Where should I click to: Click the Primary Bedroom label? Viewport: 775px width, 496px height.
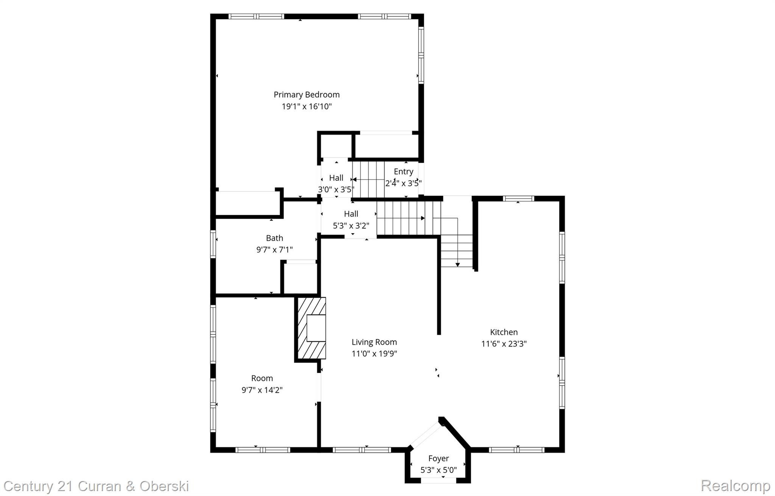(x=307, y=95)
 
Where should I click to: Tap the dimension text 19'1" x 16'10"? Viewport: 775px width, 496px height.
(x=307, y=106)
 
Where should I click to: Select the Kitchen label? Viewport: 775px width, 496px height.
(x=504, y=332)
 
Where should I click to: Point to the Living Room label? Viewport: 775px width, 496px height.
(x=374, y=342)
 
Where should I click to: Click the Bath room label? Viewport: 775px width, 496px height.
(x=274, y=238)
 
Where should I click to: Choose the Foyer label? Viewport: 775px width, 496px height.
(x=439, y=459)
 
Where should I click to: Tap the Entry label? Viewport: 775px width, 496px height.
(x=403, y=171)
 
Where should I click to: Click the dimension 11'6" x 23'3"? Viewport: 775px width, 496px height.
(x=504, y=344)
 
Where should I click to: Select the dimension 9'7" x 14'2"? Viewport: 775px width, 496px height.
(x=262, y=390)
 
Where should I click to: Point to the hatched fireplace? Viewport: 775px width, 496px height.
(x=311, y=328)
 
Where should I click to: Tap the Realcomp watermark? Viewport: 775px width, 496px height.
(x=735, y=486)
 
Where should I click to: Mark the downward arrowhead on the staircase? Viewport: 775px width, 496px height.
(x=458, y=264)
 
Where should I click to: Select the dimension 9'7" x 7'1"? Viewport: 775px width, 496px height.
(x=274, y=250)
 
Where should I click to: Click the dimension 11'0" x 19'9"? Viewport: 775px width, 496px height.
(x=374, y=354)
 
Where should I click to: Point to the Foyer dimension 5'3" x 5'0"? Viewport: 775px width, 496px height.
(x=439, y=470)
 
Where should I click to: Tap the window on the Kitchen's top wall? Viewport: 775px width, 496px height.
(x=518, y=198)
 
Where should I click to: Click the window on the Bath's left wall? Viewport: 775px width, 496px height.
(x=213, y=244)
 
